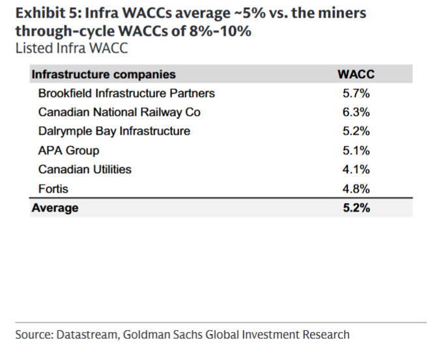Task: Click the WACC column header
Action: [356, 75]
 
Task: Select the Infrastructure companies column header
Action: [104, 75]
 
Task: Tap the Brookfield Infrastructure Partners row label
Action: [126, 94]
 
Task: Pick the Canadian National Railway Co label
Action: [119, 113]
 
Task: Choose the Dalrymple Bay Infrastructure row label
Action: [114, 132]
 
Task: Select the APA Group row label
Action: [68, 151]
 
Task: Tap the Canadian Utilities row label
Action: [85, 170]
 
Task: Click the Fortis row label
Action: [53, 189]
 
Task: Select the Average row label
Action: [55, 208]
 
